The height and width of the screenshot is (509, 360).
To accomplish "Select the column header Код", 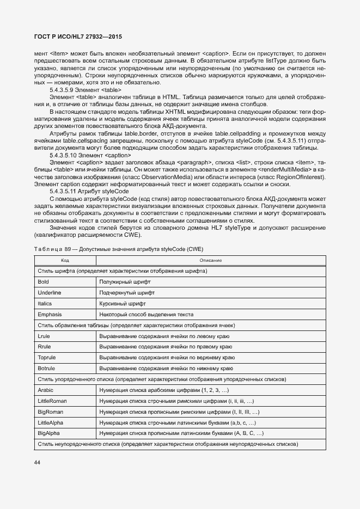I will click(65, 260).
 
